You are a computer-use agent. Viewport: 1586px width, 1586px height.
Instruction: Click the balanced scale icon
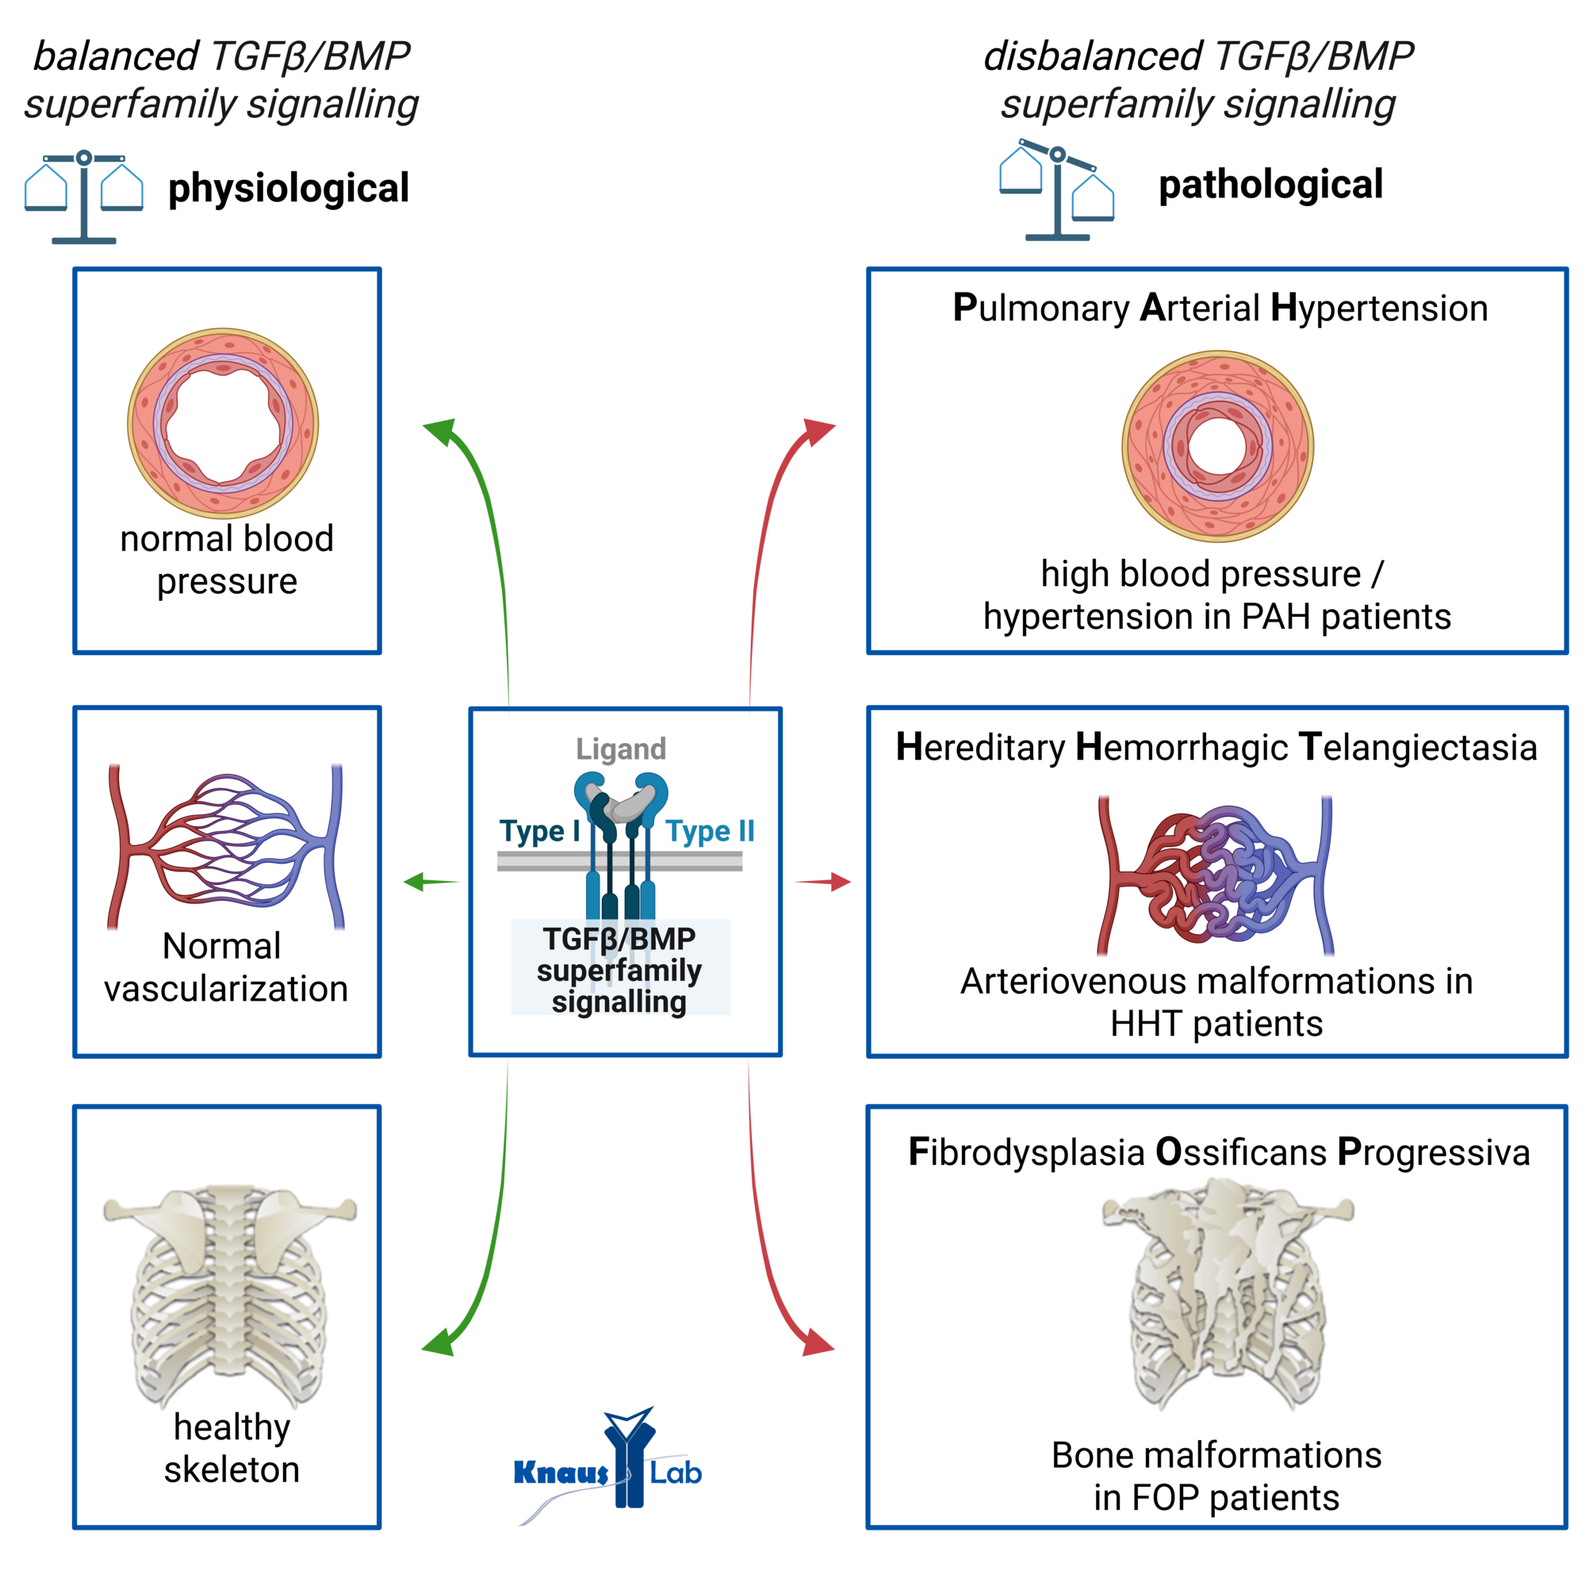[84, 197]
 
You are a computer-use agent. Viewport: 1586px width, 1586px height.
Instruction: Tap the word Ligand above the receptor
[621, 749]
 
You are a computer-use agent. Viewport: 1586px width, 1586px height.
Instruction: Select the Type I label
[538, 831]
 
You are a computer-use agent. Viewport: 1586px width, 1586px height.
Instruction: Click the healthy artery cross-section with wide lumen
[223, 423]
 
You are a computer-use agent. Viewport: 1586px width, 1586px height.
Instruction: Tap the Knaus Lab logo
[606, 1466]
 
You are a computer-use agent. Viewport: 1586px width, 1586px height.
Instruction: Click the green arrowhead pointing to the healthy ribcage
[439, 1345]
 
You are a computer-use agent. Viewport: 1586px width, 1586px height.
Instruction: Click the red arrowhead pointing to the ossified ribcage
[817, 1345]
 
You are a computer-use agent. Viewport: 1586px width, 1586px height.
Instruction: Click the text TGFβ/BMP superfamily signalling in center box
[620, 970]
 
